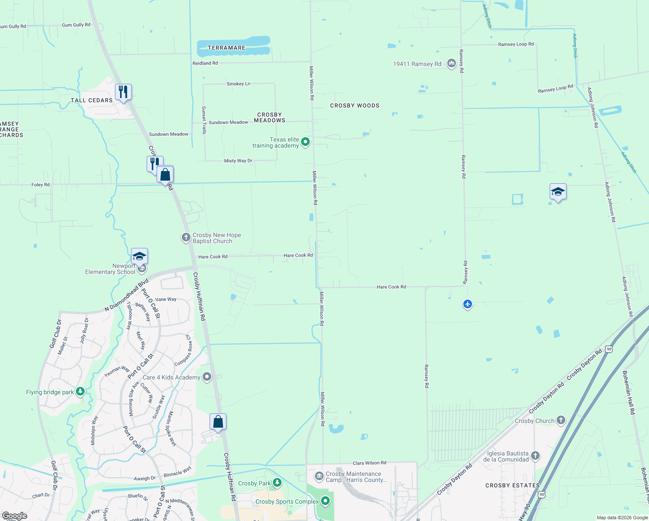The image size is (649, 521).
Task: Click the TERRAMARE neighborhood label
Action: [226, 48]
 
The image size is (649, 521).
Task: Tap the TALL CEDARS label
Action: [92, 100]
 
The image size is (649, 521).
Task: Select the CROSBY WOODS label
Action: [354, 106]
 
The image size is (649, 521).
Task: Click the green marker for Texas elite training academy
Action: [305, 142]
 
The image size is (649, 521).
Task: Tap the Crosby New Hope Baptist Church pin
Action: [186, 237]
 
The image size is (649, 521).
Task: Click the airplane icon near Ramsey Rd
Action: [467, 304]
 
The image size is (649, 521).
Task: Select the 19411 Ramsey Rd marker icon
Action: [451, 64]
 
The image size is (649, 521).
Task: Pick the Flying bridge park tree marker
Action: [80, 392]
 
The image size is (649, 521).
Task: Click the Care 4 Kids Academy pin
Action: [207, 377]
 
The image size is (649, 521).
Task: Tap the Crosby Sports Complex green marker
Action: [325, 501]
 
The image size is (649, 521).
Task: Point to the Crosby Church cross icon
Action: [561, 420]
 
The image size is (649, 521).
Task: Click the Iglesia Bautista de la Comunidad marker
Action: [535, 455]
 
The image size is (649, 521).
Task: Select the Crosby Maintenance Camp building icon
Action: [319, 477]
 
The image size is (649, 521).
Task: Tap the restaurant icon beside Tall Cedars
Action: [123, 92]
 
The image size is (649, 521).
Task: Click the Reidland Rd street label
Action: [205, 63]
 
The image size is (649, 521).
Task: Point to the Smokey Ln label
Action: [238, 84]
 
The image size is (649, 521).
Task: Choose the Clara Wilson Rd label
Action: [369, 463]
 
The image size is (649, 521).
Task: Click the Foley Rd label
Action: [40, 185]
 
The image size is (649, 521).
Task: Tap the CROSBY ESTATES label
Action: [512, 485]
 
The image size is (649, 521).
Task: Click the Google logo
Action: [14, 516]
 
